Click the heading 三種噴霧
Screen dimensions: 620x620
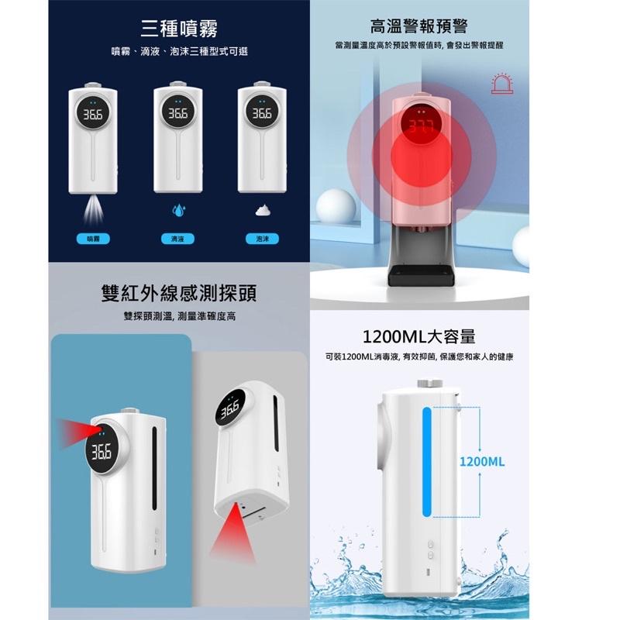[x=179, y=29]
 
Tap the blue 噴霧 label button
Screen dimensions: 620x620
[x=93, y=239]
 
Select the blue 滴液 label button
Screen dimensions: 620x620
[x=177, y=239]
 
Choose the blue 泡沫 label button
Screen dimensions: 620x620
[x=262, y=239]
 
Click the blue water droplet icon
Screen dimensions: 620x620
[x=177, y=210]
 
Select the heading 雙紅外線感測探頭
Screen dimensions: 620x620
[x=179, y=294]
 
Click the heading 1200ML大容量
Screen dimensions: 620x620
[x=418, y=336]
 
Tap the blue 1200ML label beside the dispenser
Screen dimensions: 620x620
[x=481, y=461]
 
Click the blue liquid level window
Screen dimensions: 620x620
[x=425, y=466]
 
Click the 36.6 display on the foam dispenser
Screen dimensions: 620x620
[x=261, y=113]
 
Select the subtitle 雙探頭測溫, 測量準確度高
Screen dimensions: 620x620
[x=179, y=316]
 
